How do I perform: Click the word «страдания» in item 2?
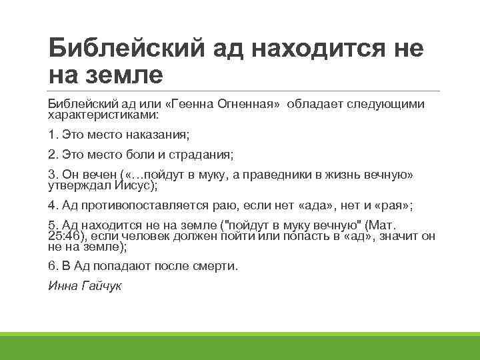click(x=202, y=155)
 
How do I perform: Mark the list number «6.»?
click(x=53, y=265)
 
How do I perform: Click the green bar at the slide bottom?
click(x=240, y=346)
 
